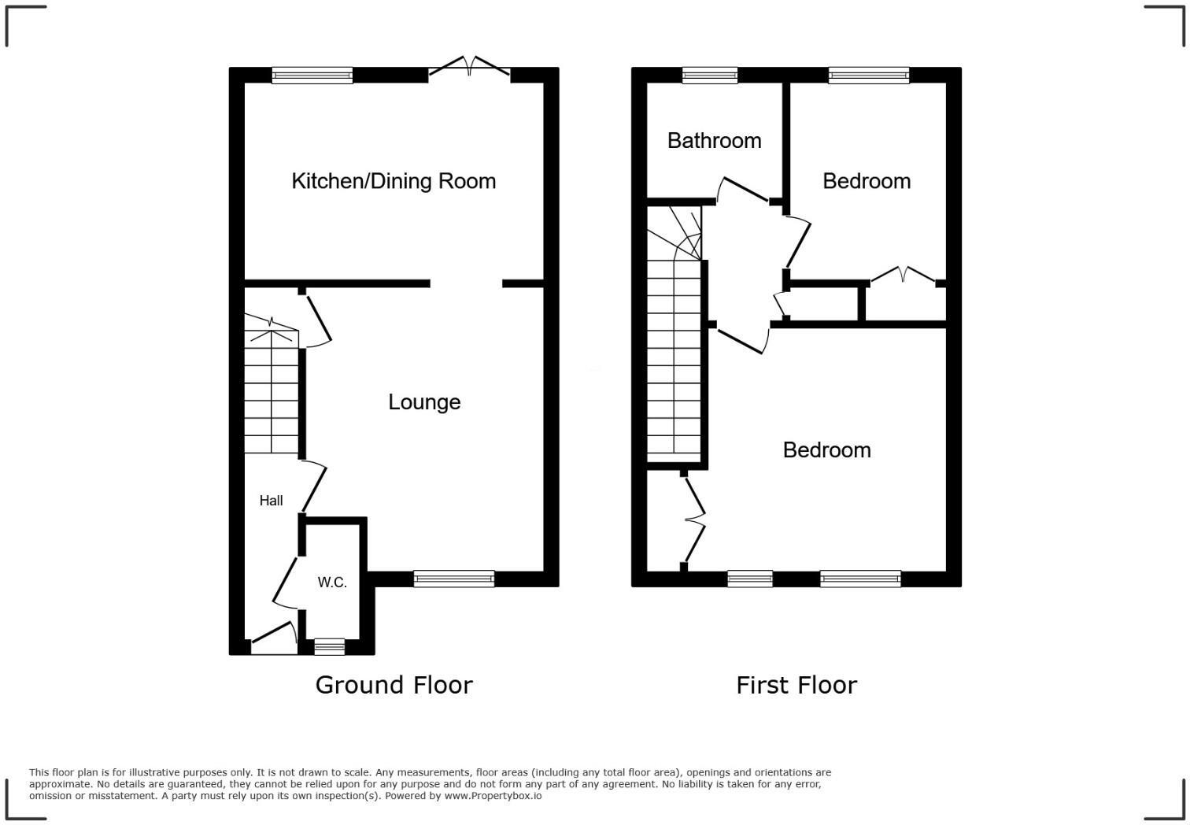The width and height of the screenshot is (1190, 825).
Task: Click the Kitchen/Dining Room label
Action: [394, 181]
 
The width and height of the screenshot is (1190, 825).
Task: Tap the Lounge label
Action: [424, 402]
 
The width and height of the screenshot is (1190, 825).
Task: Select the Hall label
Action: [271, 501]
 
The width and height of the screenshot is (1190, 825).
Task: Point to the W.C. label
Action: [332, 583]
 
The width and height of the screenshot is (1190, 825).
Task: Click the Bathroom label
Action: [714, 141]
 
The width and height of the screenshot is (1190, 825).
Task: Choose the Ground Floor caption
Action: [394, 685]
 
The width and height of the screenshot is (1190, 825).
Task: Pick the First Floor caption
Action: [796, 685]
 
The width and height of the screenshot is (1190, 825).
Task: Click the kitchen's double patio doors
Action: [469, 68]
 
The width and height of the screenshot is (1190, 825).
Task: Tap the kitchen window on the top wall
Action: [312, 76]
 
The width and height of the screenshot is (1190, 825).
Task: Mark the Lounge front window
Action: [454, 579]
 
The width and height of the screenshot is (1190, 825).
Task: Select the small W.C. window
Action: [329, 647]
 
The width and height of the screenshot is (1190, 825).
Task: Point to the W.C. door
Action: [285, 583]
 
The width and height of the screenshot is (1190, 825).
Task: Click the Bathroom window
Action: [710, 76]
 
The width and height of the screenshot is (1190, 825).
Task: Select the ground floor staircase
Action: [272, 394]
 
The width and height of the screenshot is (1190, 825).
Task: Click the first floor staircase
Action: [674, 346]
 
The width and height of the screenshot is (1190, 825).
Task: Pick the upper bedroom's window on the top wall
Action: [869, 76]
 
